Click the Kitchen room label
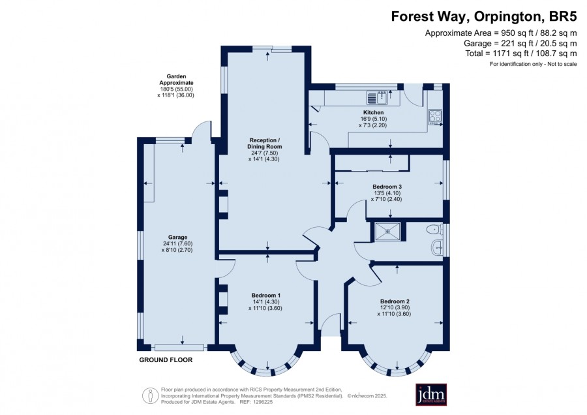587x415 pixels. (373, 112)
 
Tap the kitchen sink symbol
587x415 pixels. (378, 98)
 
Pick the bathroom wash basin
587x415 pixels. (437, 247)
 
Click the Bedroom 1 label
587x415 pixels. (266, 296)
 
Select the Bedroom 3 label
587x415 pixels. (387, 187)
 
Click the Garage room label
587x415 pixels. (177, 237)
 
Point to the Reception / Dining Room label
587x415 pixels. (264, 144)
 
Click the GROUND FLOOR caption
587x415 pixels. (166, 360)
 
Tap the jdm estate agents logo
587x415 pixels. (431, 394)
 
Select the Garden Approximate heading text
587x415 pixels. (176, 80)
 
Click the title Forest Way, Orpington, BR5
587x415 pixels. (484, 16)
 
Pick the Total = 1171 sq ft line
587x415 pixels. (520, 54)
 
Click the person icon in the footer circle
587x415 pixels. (151, 396)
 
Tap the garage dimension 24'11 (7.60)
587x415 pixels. (177, 243)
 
